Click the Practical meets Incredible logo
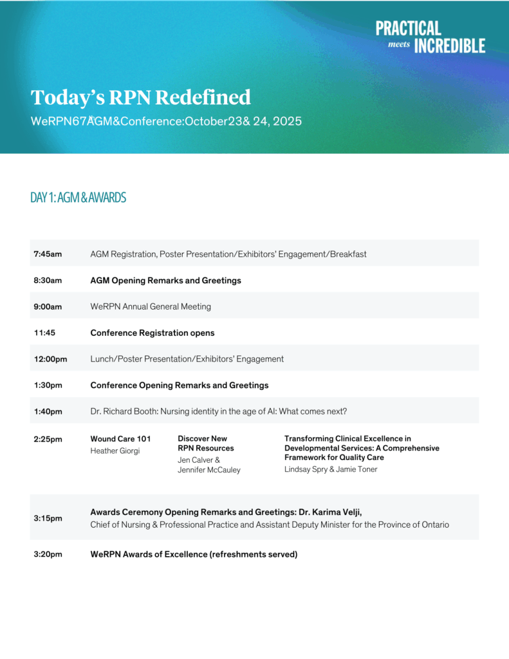click(430, 37)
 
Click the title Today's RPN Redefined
click(141, 97)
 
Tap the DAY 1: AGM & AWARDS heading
click(78, 198)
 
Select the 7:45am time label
click(48, 254)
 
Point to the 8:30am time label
click(48, 281)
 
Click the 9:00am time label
click(48, 307)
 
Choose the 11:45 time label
click(45, 333)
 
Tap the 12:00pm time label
click(50, 359)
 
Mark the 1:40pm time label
click(48, 412)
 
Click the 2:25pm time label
click(48, 440)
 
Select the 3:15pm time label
click(48, 518)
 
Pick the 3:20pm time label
click(48, 554)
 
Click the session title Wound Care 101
click(120, 439)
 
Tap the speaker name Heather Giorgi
click(115, 451)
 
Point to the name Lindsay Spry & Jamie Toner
click(331, 469)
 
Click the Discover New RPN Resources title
click(206, 443)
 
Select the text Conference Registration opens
click(153, 333)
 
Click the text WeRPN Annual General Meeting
click(151, 307)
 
